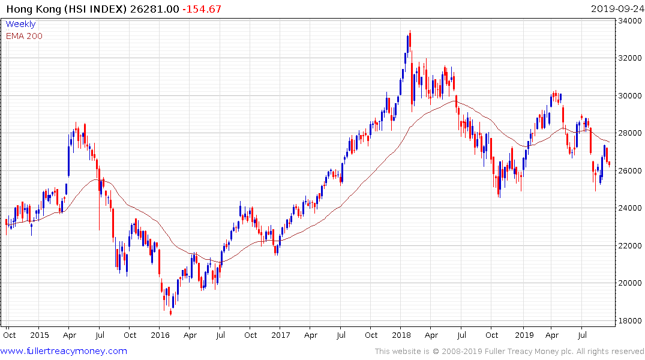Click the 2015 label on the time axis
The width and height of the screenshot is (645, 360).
(x=39, y=335)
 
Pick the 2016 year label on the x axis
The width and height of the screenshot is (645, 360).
(x=160, y=335)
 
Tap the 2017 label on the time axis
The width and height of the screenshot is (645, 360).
(x=280, y=335)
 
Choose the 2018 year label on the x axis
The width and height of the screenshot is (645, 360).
(x=401, y=335)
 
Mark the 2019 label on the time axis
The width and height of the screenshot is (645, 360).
(x=524, y=335)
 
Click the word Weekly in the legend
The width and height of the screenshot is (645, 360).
(x=20, y=25)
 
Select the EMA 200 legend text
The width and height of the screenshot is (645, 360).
(x=24, y=36)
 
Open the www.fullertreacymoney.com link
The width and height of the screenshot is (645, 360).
(x=64, y=351)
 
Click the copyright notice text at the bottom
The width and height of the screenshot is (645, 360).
(x=509, y=352)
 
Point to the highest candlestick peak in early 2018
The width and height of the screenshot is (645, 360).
(x=410, y=31)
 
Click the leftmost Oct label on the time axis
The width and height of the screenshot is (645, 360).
(x=9, y=335)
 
